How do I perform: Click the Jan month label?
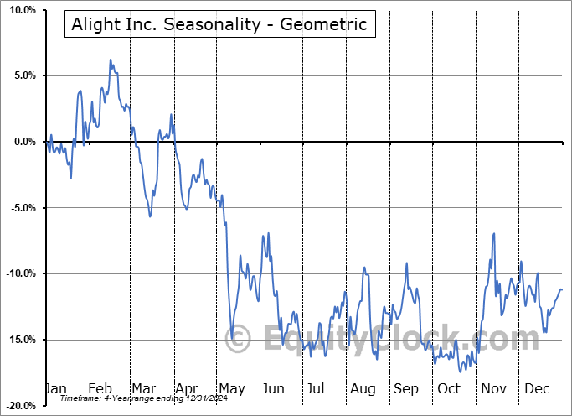(x=54, y=388)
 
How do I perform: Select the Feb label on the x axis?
(x=100, y=388)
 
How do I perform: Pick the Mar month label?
(x=143, y=388)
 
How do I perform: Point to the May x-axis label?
(x=231, y=388)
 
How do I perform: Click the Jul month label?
(x=316, y=388)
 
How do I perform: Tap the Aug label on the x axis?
(x=363, y=388)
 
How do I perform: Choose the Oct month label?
(x=449, y=388)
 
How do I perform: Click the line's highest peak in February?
(x=110, y=60)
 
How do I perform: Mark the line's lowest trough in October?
(x=460, y=371)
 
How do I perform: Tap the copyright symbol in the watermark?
(x=238, y=339)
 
